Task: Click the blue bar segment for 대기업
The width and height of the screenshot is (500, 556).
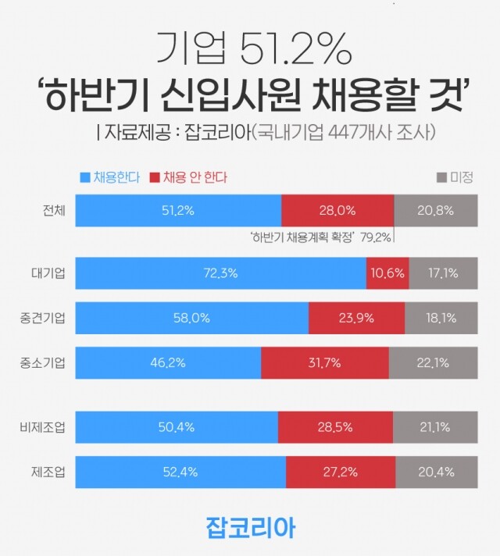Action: click(220, 274)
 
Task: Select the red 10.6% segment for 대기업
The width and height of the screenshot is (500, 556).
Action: click(387, 274)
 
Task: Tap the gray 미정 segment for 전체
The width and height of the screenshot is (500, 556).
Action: click(435, 211)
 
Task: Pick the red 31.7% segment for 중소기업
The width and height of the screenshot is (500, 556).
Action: click(325, 363)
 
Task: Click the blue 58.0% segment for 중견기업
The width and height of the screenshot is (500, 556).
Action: click(192, 319)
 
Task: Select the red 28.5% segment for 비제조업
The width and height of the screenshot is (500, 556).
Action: click(336, 427)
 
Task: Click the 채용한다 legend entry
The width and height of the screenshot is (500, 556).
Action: click(109, 177)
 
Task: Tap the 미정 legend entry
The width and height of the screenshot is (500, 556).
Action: click(455, 177)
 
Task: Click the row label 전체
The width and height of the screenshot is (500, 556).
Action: click(55, 211)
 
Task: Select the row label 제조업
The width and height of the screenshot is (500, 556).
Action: click(48, 472)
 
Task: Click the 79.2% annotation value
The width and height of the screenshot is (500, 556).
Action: click(376, 237)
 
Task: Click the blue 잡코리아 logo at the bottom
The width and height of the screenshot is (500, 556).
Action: click(250, 526)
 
